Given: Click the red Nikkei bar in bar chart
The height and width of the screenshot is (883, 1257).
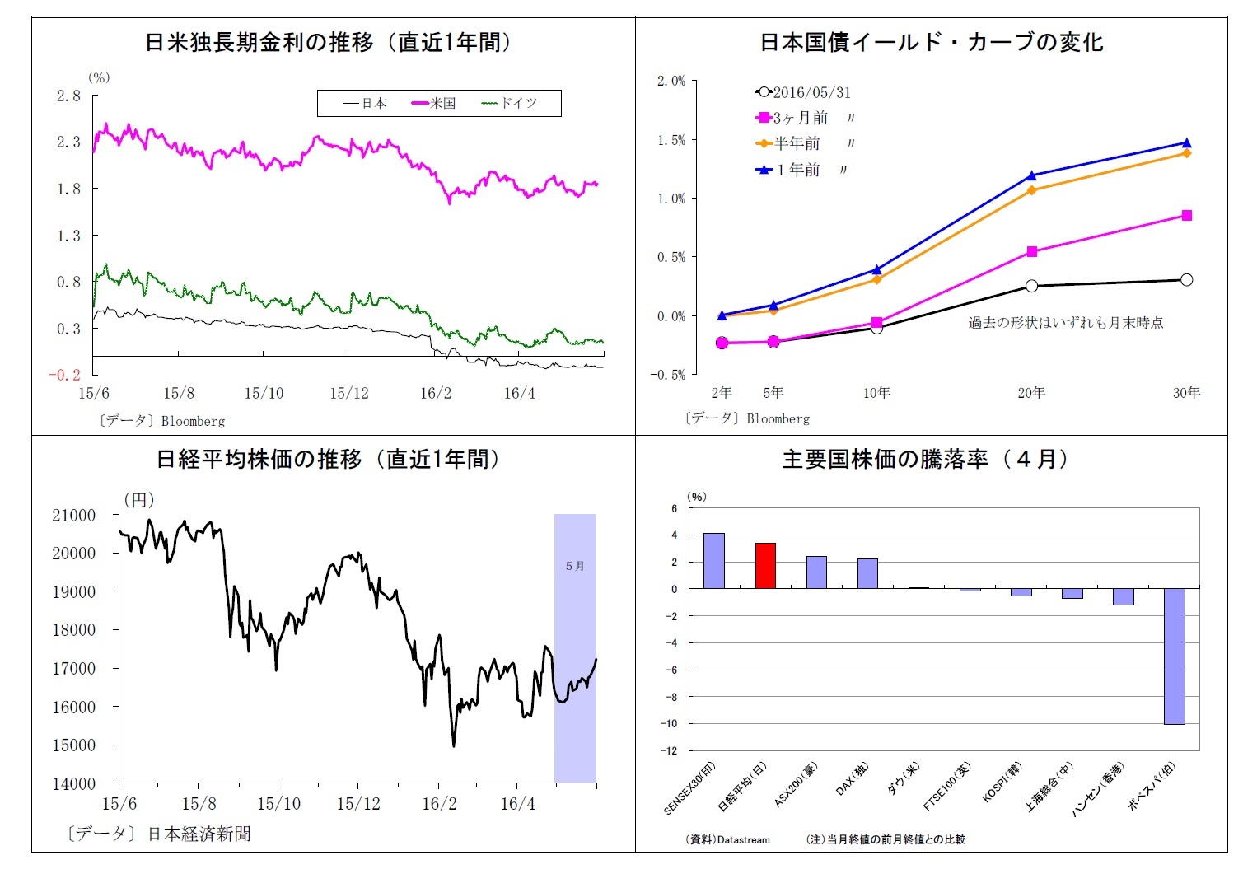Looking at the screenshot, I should point(765,565).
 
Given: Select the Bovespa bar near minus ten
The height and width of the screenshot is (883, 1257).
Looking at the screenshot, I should point(1174,656).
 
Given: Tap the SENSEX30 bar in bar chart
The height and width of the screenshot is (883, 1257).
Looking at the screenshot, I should point(714,560).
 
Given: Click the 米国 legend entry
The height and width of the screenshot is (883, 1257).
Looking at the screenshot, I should point(434,103).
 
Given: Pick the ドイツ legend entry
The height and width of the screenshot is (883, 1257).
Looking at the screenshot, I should point(510,103).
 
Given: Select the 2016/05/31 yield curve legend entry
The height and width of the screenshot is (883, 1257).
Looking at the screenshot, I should point(803,92).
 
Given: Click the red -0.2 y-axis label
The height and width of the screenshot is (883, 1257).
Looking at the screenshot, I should point(64,375).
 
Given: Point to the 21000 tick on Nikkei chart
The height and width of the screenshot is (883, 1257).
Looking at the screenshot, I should point(74,516).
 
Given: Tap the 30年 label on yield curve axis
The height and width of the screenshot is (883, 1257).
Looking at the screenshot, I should point(1186,393).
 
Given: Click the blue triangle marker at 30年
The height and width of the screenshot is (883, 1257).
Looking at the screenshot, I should point(1186,142).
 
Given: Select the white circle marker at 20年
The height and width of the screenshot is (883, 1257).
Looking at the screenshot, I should point(1031,286).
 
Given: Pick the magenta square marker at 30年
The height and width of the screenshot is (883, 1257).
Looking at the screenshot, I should point(1186,215).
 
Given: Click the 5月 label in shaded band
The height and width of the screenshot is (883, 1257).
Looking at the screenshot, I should point(575,566).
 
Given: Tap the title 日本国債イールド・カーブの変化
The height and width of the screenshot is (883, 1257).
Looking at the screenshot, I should point(931,42).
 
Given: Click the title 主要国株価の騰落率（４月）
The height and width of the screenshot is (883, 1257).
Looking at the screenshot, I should point(924,459).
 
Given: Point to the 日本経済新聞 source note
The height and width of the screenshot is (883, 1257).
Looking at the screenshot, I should point(199,834).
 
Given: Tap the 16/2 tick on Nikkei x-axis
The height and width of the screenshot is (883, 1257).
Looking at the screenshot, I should point(438,804).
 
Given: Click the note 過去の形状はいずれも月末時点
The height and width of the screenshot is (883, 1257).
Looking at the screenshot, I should point(1065,322).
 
